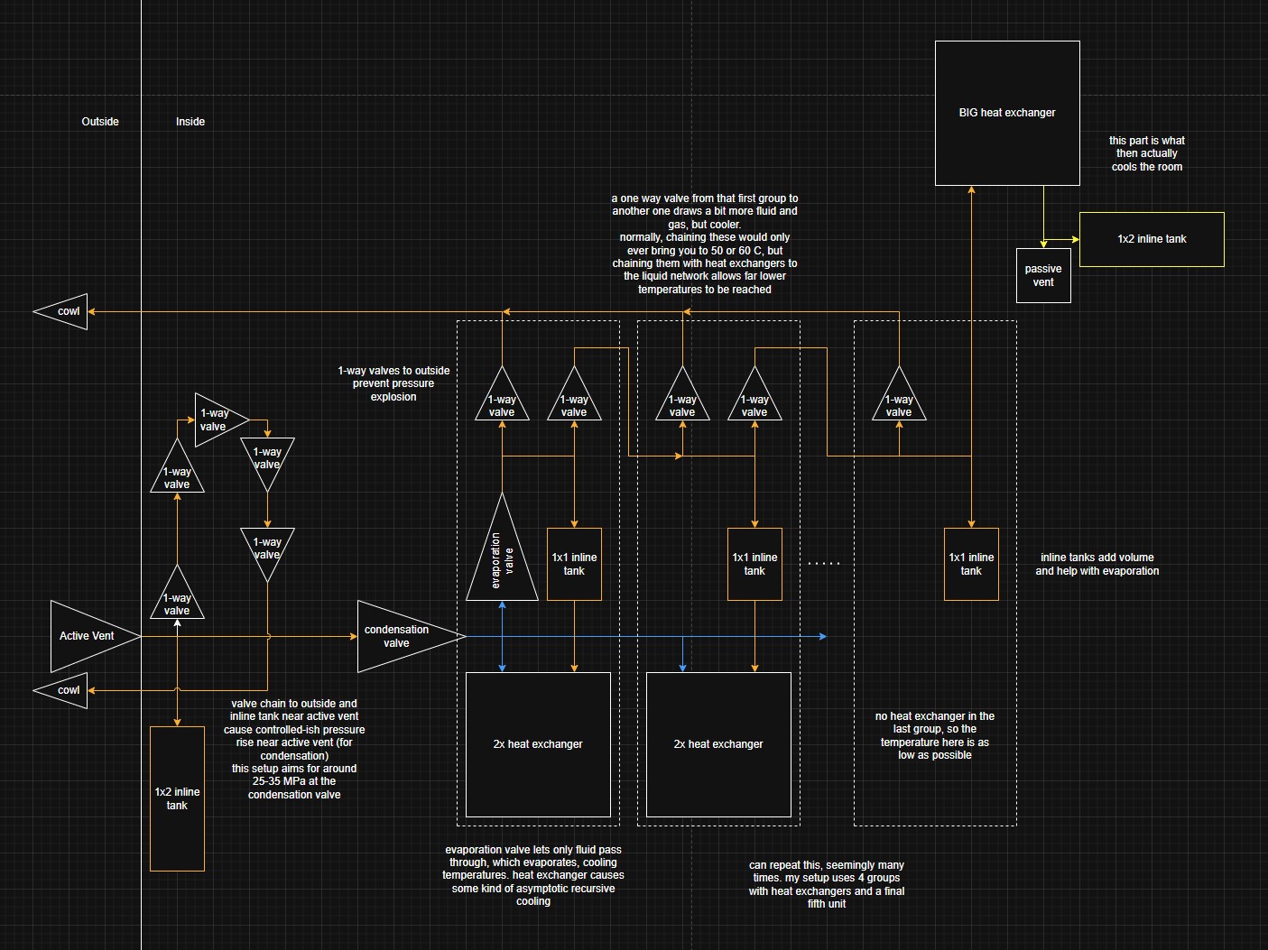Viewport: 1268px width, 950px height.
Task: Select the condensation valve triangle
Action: tap(402, 636)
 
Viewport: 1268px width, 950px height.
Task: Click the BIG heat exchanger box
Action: tap(1007, 113)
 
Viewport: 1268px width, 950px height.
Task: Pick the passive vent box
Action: tap(1043, 275)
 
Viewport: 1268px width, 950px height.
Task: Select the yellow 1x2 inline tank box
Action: tap(1152, 239)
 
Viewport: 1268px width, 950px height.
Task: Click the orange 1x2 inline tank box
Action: tap(177, 798)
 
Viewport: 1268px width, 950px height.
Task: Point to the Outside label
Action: tap(100, 122)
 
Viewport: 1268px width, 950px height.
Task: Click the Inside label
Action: tap(190, 122)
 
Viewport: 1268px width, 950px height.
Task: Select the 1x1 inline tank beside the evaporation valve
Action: tap(574, 564)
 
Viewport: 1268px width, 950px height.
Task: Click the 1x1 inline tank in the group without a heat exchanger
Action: tap(971, 564)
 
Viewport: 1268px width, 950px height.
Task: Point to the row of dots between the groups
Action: tap(823, 564)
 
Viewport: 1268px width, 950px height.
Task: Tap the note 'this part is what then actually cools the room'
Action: tap(1147, 153)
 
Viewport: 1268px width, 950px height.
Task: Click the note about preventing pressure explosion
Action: tap(393, 383)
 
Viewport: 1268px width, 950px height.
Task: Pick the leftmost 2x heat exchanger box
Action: tap(538, 744)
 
